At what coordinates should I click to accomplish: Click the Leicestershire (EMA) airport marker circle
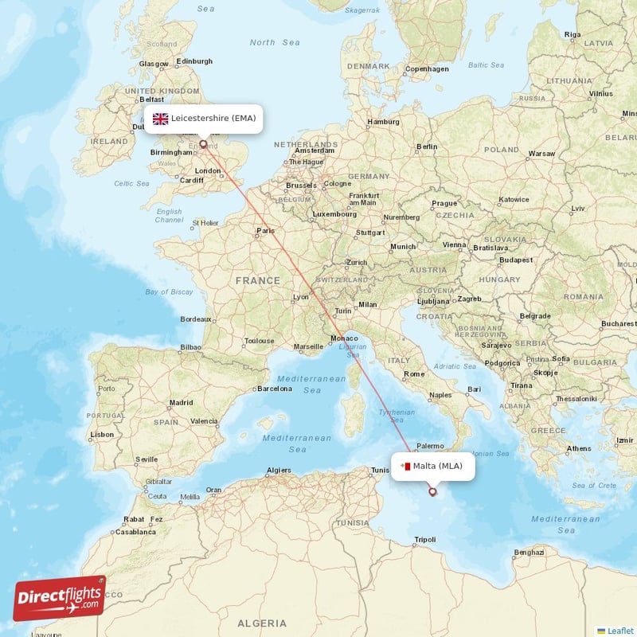pyautogui.click(x=203, y=145)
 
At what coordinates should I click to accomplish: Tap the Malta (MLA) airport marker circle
pyautogui.click(x=432, y=491)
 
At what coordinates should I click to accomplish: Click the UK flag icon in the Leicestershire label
pyautogui.click(x=161, y=119)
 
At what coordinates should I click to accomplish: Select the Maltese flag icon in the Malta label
pyautogui.click(x=405, y=467)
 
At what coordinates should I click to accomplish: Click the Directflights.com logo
pyautogui.click(x=60, y=598)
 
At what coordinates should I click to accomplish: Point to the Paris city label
pyautogui.click(x=265, y=232)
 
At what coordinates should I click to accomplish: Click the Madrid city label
pyautogui.click(x=181, y=403)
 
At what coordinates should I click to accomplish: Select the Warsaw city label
pyautogui.click(x=541, y=153)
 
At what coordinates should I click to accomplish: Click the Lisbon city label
pyautogui.click(x=102, y=435)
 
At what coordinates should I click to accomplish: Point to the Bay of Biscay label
pyautogui.click(x=169, y=292)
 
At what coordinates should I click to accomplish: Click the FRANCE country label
pyautogui.click(x=257, y=280)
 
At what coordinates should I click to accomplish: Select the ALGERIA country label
pyautogui.click(x=262, y=623)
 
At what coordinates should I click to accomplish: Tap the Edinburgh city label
pyautogui.click(x=194, y=61)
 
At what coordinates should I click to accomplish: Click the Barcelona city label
pyautogui.click(x=274, y=389)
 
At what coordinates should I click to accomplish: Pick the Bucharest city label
pyautogui.click(x=619, y=324)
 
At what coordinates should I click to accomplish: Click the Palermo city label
pyautogui.click(x=430, y=446)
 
